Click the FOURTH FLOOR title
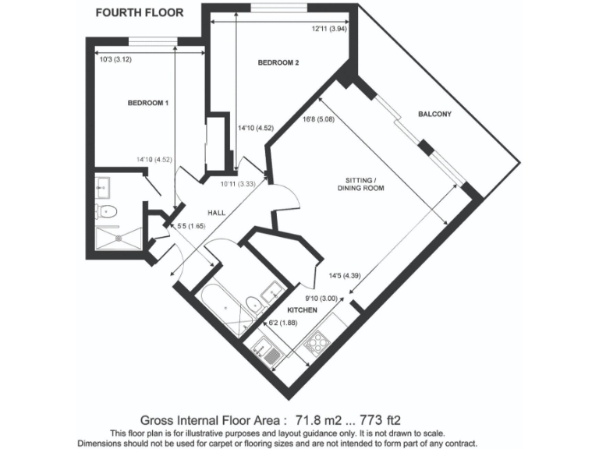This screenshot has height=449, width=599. pyautogui.click(x=140, y=12)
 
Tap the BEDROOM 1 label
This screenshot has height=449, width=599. pyautogui.click(x=148, y=103)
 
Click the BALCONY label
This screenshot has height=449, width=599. pyautogui.click(x=435, y=114)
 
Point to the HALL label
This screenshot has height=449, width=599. pyautogui.click(x=217, y=212)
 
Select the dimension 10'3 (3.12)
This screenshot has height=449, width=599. pyautogui.click(x=114, y=58)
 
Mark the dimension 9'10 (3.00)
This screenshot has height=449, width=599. pyautogui.click(x=321, y=297)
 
